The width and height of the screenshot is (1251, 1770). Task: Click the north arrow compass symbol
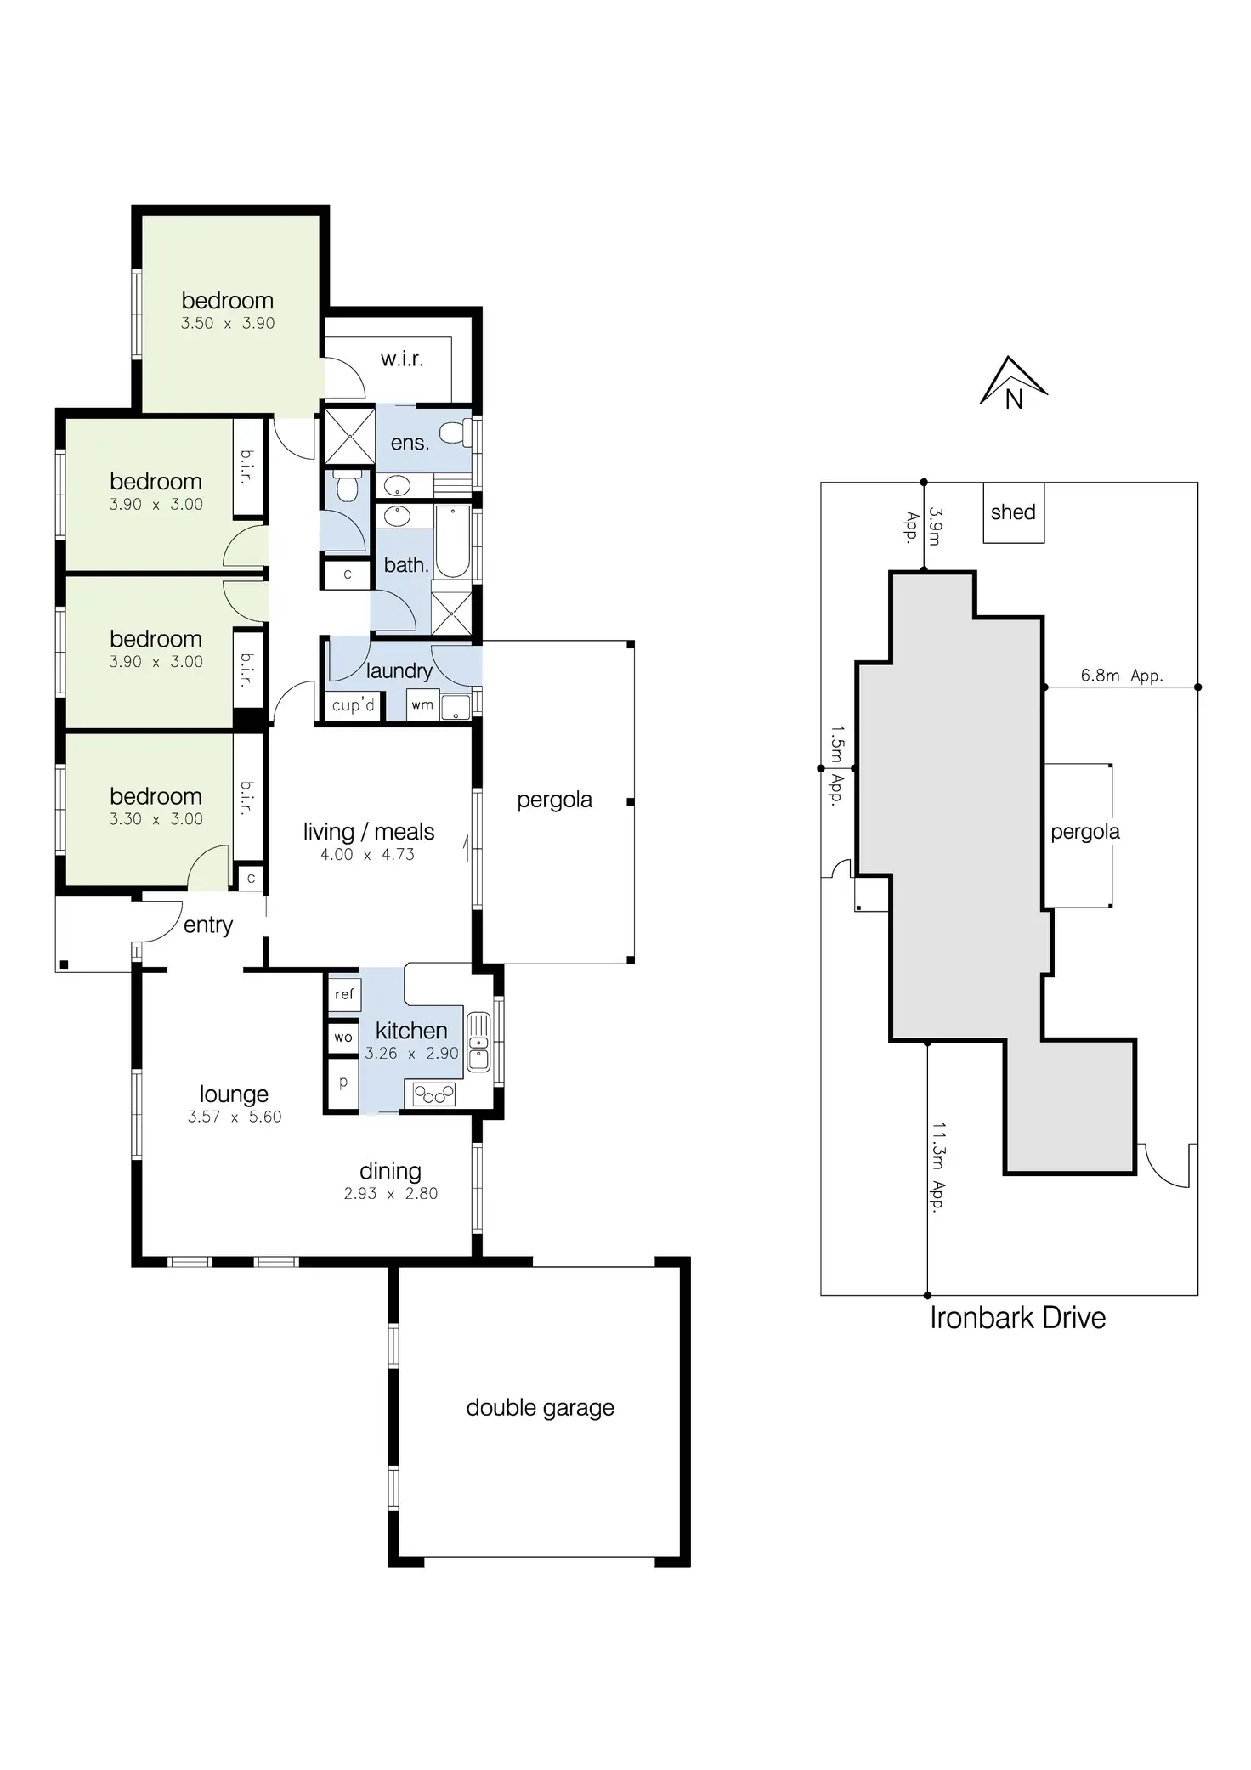(x=1013, y=383)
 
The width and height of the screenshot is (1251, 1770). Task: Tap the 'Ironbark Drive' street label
(x=1017, y=1317)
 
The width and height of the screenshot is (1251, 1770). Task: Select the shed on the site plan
(x=1013, y=512)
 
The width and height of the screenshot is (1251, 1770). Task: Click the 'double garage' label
(x=540, y=1407)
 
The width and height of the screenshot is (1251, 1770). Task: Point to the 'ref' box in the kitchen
(x=344, y=994)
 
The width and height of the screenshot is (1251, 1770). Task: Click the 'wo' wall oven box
(x=343, y=1038)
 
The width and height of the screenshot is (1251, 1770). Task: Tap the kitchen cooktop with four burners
(x=433, y=1094)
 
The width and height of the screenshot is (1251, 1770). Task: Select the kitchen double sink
(x=478, y=1042)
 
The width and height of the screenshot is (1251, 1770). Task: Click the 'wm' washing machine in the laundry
(x=422, y=705)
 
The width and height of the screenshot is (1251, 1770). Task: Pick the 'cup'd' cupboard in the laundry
(x=354, y=705)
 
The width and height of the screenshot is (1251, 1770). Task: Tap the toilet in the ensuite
(x=457, y=433)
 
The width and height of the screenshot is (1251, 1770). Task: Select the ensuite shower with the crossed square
(x=349, y=436)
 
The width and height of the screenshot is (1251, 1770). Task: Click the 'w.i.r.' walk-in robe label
(x=402, y=359)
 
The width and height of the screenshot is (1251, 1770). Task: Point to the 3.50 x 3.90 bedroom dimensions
(x=228, y=324)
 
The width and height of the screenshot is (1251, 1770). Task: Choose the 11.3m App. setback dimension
(x=938, y=1167)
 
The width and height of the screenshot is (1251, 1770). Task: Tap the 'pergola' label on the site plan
(x=1085, y=832)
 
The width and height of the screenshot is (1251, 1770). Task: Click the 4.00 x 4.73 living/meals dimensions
(x=367, y=855)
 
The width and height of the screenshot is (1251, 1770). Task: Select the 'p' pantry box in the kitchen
(x=343, y=1083)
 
